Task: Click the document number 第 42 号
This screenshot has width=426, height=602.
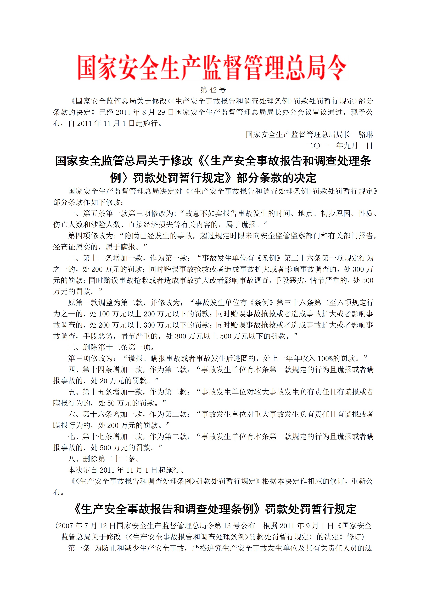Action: tap(213, 90)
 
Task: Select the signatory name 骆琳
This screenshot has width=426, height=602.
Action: tap(366, 135)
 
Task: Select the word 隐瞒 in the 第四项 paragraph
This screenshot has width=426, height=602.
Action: tap(132, 236)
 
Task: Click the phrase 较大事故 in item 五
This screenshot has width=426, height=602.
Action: tap(269, 392)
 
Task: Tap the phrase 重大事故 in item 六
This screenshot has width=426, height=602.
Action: tap(269, 414)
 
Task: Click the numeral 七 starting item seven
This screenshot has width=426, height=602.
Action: tap(71, 437)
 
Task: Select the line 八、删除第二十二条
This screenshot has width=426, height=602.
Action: tap(104, 459)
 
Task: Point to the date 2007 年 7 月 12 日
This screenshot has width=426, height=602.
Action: tap(87, 526)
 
